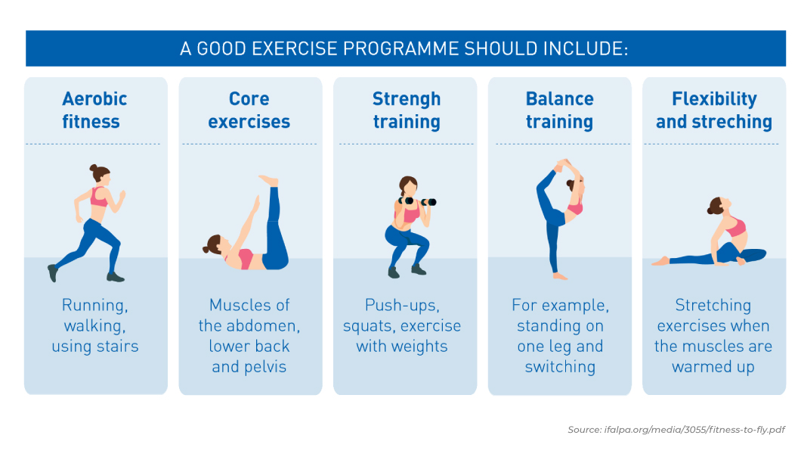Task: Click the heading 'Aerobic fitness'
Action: pos(94,110)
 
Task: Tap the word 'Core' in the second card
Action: pos(249,99)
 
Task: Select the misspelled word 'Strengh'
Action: pos(406,99)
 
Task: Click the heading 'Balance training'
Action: pos(559,110)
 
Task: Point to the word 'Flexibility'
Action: pos(713,99)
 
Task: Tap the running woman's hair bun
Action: pos(94,168)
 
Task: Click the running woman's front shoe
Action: pos(116,277)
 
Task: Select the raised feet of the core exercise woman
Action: pos(268,181)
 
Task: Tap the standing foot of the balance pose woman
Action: pos(559,276)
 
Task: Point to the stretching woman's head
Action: pos(716,205)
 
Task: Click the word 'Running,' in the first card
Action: pos(95,306)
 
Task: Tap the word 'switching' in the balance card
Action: pos(560,367)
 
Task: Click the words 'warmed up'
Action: pos(713,367)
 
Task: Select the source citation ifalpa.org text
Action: pos(676,429)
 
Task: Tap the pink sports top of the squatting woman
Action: pos(410,215)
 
